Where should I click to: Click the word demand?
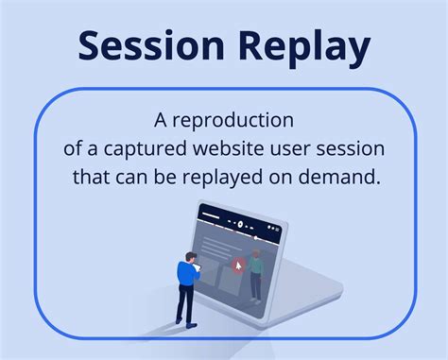(x=350, y=178)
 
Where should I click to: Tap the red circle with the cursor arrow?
(x=238, y=265)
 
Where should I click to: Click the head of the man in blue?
(x=189, y=256)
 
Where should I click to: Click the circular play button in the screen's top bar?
(x=240, y=225)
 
